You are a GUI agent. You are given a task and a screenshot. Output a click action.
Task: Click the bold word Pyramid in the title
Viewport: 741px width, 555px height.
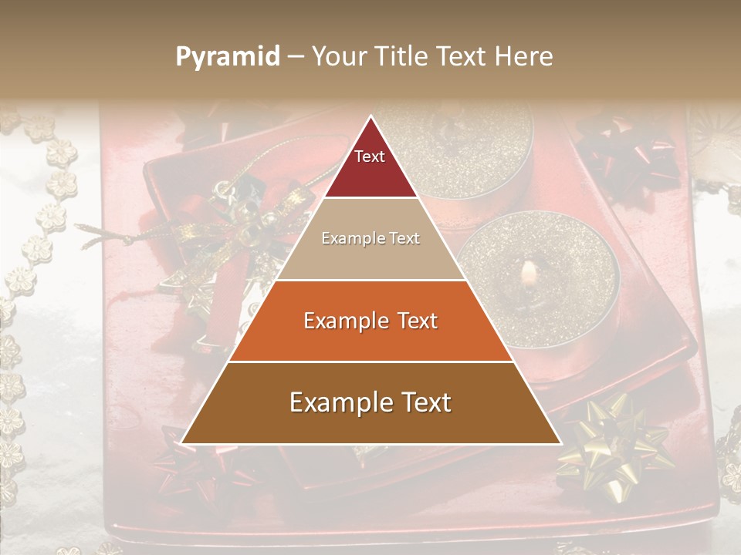(x=227, y=57)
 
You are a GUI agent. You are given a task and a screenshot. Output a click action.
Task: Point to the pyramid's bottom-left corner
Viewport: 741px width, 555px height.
(x=182, y=443)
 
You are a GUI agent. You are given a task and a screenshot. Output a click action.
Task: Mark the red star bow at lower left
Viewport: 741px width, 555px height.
(x=185, y=470)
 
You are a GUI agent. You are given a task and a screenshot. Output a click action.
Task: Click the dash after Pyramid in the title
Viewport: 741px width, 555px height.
(x=296, y=57)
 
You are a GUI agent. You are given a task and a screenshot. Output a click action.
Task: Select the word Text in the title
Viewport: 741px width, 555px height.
(x=462, y=57)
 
